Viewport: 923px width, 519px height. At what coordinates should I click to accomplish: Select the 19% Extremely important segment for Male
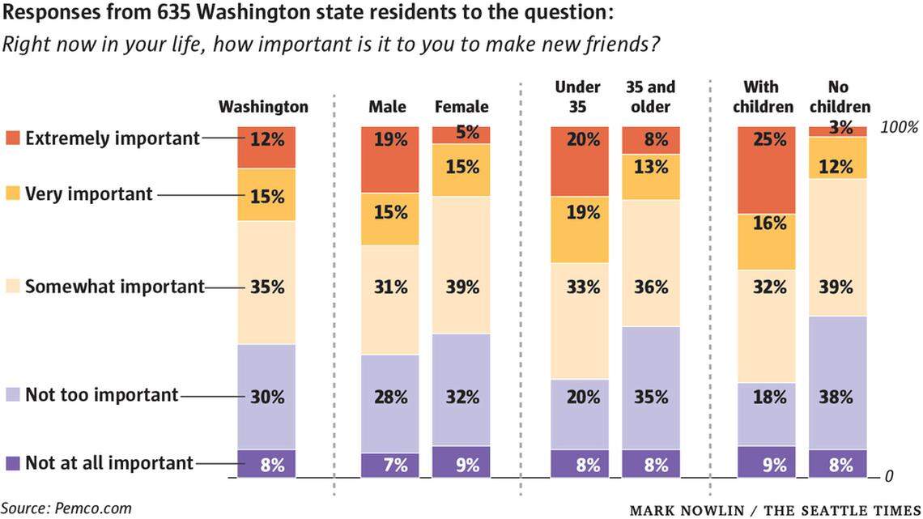(389, 159)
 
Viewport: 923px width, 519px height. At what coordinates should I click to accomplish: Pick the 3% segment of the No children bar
(837, 130)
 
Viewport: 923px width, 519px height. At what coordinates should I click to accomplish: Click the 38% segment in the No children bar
(837, 382)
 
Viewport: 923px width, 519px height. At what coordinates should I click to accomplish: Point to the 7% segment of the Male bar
(389, 465)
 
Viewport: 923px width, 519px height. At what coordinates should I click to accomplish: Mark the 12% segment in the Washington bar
(266, 147)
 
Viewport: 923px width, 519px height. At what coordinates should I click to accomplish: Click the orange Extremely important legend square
(13, 138)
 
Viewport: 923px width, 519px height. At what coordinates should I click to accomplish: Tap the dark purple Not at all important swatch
(13, 463)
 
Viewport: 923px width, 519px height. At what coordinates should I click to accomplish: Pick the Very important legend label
(89, 194)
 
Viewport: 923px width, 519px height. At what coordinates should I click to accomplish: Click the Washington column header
(264, 107)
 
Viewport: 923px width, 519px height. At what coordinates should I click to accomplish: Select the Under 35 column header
(577, 96)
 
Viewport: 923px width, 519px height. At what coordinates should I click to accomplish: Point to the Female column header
(461, 107)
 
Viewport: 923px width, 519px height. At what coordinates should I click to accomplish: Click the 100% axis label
(899, 127)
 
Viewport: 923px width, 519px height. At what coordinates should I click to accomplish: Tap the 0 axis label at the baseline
(888, 476)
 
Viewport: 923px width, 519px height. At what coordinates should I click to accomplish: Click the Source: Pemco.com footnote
(66, 508)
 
